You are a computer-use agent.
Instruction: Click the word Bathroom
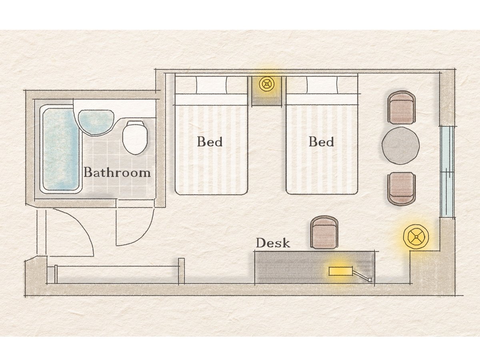117,172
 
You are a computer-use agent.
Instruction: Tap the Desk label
273,243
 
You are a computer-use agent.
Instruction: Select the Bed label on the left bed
210,142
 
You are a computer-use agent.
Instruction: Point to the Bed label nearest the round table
321,142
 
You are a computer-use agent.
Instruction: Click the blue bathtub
60,149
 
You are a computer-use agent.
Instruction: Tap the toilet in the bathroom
135,138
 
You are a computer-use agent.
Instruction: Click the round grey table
400,146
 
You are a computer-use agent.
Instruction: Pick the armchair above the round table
402,108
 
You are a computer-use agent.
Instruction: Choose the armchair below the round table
402,189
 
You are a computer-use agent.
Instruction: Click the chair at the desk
324,232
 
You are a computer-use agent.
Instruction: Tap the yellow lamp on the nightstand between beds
266,84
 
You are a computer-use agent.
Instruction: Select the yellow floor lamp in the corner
416,237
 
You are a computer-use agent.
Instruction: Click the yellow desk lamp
341,271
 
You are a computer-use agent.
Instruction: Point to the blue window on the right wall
447,171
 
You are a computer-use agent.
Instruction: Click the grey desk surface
314,268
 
